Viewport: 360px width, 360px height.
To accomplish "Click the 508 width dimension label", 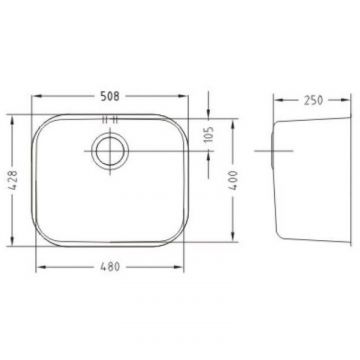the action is click(x=110, y=96).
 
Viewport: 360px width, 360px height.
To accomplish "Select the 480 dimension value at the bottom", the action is click(x=110, y=267).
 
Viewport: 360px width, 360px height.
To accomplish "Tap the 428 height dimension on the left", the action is click(x=12, y=180).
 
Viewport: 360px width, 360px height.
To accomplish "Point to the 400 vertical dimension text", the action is click(x=233, y=180).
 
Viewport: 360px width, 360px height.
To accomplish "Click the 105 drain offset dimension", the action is click(x=209, y=134).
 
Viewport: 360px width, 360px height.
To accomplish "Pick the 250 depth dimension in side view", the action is click(x=313, y=100).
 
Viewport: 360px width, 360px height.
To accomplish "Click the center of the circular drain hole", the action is click(x=110, y=151).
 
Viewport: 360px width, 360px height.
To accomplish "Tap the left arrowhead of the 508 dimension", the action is click(x=36, y=96).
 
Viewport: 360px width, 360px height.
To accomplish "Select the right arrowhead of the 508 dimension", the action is click(x=183, y=96).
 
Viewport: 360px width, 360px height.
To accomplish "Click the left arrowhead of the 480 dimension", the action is click(x=41, y=267).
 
